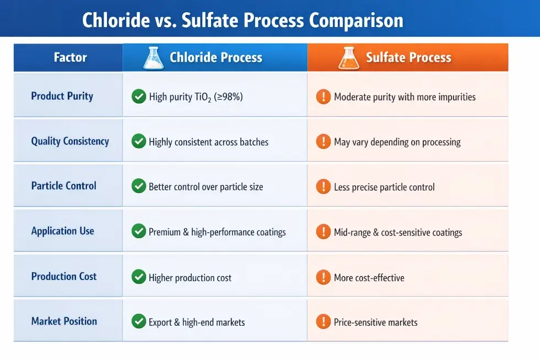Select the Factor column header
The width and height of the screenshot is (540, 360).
[70, 57]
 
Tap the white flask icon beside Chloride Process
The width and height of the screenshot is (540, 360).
[153, 58]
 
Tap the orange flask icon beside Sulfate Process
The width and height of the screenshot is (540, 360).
[349, 58]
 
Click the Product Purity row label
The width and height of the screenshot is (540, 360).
[62, 96]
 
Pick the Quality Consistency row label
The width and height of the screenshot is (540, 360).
[70, 141]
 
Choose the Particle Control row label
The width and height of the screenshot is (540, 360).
[63, 186]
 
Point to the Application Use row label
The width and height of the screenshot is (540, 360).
[62, 231]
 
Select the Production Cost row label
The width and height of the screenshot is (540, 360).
[63, 276]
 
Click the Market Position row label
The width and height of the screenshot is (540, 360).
[64, 321]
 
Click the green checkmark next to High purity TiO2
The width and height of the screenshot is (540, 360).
[139, 96]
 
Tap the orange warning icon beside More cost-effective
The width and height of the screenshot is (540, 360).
[323, 277]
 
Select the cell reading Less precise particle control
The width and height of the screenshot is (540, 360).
[384, 187]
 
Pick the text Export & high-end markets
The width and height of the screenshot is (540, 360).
[196, 322]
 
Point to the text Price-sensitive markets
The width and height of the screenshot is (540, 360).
[375, 322]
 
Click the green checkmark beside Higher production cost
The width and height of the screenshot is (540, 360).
[139, 277]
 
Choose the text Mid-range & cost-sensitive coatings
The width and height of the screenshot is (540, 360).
[398, 232]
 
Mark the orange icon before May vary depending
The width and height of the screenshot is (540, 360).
[323, 142]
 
